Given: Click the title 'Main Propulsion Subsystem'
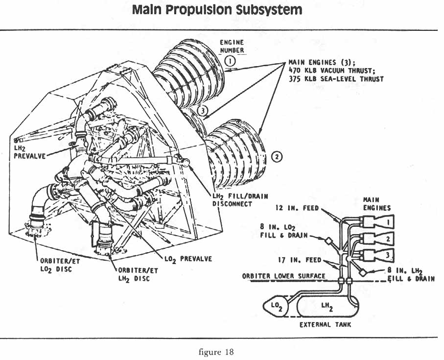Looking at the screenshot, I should point(217,10).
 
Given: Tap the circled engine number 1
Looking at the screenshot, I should point(230,61).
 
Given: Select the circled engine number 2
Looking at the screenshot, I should point(277,157).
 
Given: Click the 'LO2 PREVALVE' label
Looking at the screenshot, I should point(188,258).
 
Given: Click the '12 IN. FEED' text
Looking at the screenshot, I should point(297,208).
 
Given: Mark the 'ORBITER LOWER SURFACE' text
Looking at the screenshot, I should point(284,276).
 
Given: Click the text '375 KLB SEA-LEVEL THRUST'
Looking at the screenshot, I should point(336,79).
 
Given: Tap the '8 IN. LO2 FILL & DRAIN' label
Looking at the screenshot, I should point(284,231).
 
